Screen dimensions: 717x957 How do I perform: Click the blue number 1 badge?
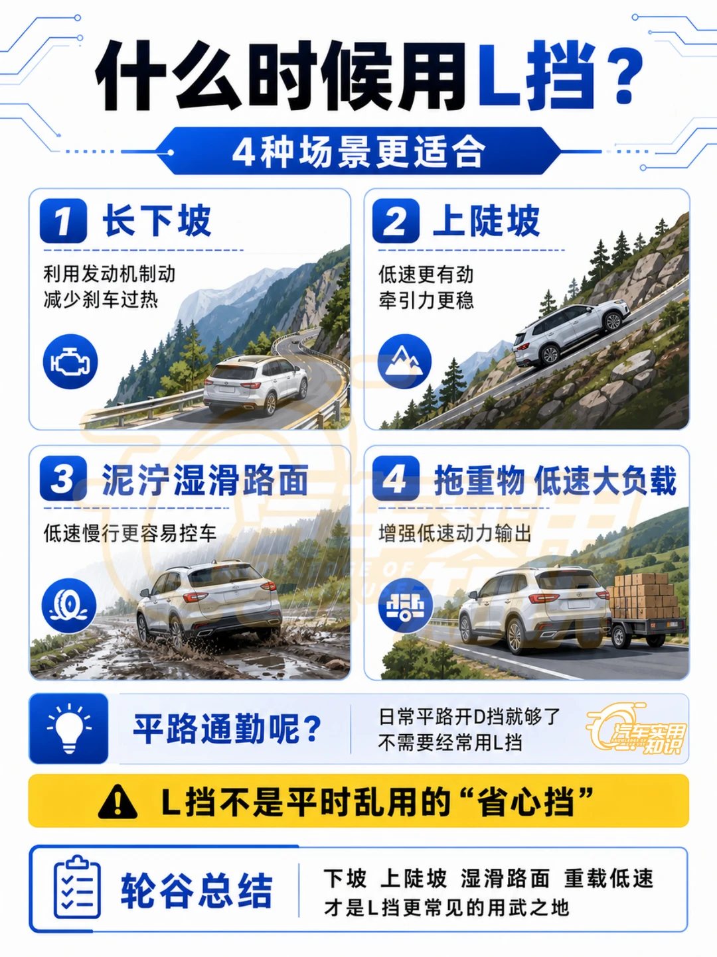coord(63,221)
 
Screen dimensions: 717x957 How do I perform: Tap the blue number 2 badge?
coord(396,221)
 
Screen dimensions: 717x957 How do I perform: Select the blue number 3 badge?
coord(63,478)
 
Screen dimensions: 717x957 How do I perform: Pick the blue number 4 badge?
coord(396,478)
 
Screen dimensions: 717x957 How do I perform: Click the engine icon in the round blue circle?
coord(70,361)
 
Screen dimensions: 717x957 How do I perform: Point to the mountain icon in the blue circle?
coord(404,361)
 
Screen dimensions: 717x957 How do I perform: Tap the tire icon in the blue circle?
coord(69,606)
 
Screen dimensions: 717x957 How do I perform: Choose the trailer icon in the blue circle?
coord(404,606)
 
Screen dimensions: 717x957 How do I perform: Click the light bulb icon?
coord(69,728)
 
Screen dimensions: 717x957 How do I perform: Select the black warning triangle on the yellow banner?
coord(118,801)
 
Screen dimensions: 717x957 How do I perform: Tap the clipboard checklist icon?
coord(77,887)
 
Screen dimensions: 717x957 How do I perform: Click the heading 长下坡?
coord(157,221)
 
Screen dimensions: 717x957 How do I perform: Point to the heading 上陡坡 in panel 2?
coord(486,221)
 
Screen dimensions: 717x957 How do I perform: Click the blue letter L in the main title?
coord(499,74)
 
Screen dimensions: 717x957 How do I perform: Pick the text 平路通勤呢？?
coord(227,728)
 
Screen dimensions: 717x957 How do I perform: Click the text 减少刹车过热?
coord(101,300)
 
